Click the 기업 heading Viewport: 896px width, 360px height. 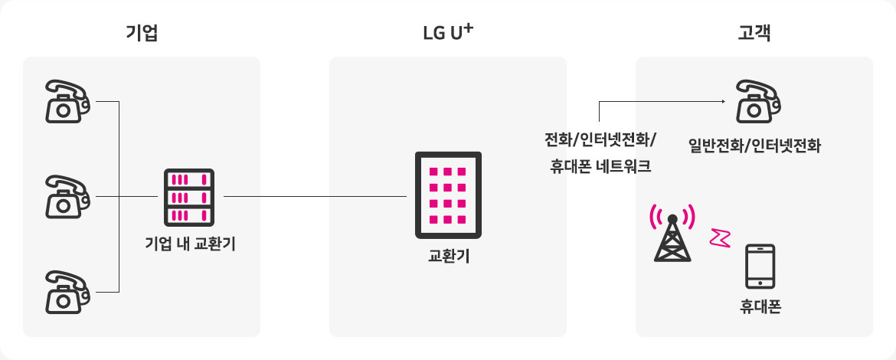[x=142, y=33]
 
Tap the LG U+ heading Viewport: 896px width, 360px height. [x=448, y=33]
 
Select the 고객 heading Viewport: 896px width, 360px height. [x=754, y=33]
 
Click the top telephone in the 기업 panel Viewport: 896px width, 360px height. [x=67, y=100]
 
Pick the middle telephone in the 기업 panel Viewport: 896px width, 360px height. [x=67, y=196]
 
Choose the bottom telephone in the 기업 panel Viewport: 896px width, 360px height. [x=67, y=291]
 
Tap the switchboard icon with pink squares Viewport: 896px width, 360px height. [x=448, y=195]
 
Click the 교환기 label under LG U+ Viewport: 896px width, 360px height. [x=448, y=255]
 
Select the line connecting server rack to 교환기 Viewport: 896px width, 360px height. [x=314, y=196]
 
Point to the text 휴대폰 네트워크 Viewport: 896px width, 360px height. [x=600, y=166]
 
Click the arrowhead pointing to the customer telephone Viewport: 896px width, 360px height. [x=722, y=101]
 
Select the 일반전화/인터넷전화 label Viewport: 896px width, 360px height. [x=754, y=144]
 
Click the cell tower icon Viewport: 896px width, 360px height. [x=672, y=234]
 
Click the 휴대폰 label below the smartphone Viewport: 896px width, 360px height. [x=760, y=308]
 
